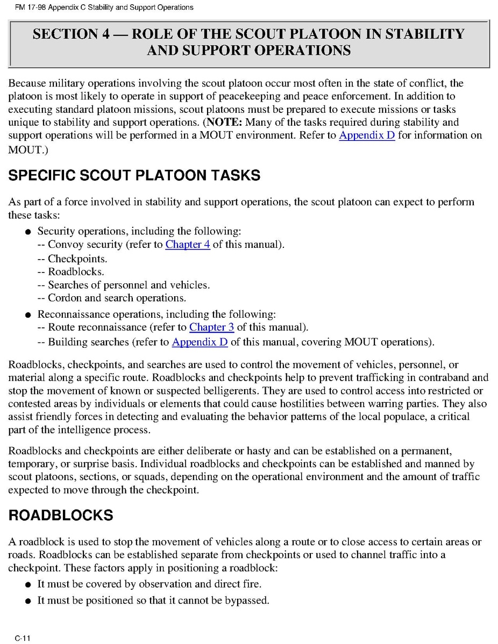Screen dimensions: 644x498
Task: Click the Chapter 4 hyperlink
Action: [188, 245]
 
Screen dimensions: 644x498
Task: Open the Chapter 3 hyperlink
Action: [212, 327]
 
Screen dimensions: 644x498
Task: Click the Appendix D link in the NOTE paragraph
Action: [367, 135]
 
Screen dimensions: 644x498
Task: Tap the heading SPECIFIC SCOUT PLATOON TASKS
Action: [134, 176]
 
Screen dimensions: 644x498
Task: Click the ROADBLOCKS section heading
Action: [61, 516]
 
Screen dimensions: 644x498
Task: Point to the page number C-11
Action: [22, 638]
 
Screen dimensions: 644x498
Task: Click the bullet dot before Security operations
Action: [27, 232]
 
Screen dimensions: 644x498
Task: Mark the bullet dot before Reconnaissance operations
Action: [27, 314]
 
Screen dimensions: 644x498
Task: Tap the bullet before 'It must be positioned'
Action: [27, 601]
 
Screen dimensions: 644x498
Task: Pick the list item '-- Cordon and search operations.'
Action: [112, 298]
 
